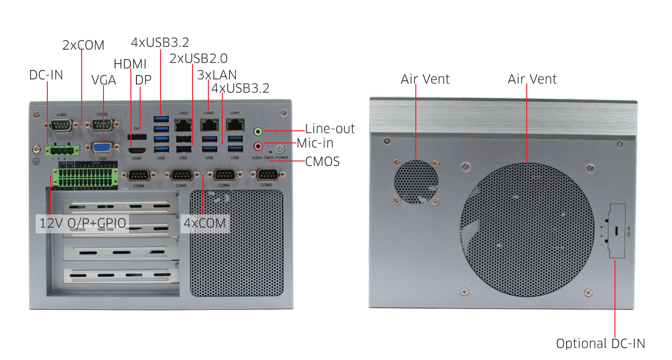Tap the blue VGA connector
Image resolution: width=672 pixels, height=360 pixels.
pyautogui.click(x=103, y=148)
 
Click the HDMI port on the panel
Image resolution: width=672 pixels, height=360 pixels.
pyautogui.click(x=137, y=150)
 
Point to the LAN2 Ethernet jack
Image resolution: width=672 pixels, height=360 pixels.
pyautogui.click(x=209, y=124)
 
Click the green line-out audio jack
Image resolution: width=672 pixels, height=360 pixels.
pyautogui.click(x=258, y=132)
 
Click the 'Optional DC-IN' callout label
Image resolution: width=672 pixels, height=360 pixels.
pyautogui.click(x=600, y=344)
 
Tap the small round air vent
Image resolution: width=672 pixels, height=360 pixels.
pyautogui.click(x=416, y=181)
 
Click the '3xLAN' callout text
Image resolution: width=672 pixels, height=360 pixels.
pyautogui.click(x=217, y=75)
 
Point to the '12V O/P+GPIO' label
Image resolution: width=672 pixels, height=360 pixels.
pyautogui.click(x=83, y=223)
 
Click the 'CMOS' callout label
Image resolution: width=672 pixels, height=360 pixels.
pyautogui.click(x=322, y=162)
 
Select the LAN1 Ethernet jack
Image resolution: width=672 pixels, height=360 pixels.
pyautogui.click(x=235, y=124)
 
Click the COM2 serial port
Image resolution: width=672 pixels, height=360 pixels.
pyautogui.click(x=103, y=124)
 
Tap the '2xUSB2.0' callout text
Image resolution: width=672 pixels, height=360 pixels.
pyautogui.click(x=198, y=59)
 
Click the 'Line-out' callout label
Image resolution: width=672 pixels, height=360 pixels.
pyautogui.click(x=330, y=129)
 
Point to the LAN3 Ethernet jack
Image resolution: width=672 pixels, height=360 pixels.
pyautogui.click(x=183, y=124)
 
